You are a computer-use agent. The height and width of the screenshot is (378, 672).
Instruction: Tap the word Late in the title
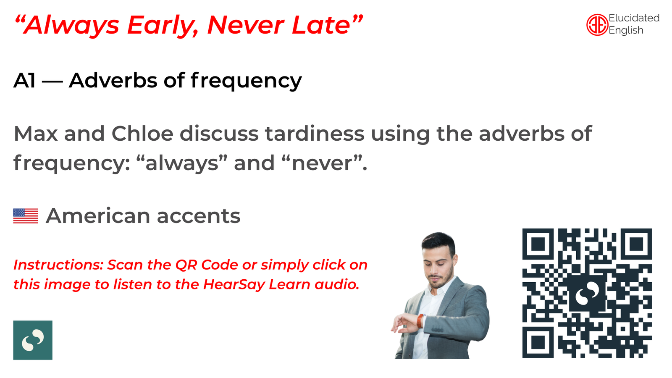(321, 25)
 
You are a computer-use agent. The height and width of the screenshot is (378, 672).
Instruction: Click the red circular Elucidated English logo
(597, 25)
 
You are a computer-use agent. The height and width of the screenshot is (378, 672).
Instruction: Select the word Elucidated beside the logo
(634, 18)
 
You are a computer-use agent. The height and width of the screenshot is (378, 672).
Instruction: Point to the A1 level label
(25, 80)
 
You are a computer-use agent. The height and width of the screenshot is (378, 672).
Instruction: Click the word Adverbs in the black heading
(113, 80)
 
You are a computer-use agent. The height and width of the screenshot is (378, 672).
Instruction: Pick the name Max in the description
(36, 134)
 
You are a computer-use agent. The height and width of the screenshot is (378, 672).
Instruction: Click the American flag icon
(26, 216)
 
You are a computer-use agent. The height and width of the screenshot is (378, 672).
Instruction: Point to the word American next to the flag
(98, 216)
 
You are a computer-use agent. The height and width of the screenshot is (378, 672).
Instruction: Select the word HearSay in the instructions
(234, 284)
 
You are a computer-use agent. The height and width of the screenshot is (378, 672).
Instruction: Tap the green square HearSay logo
(33, 340)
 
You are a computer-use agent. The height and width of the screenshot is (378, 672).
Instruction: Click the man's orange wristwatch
(420, 321)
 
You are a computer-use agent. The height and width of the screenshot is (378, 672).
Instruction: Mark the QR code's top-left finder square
(538, 244)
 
